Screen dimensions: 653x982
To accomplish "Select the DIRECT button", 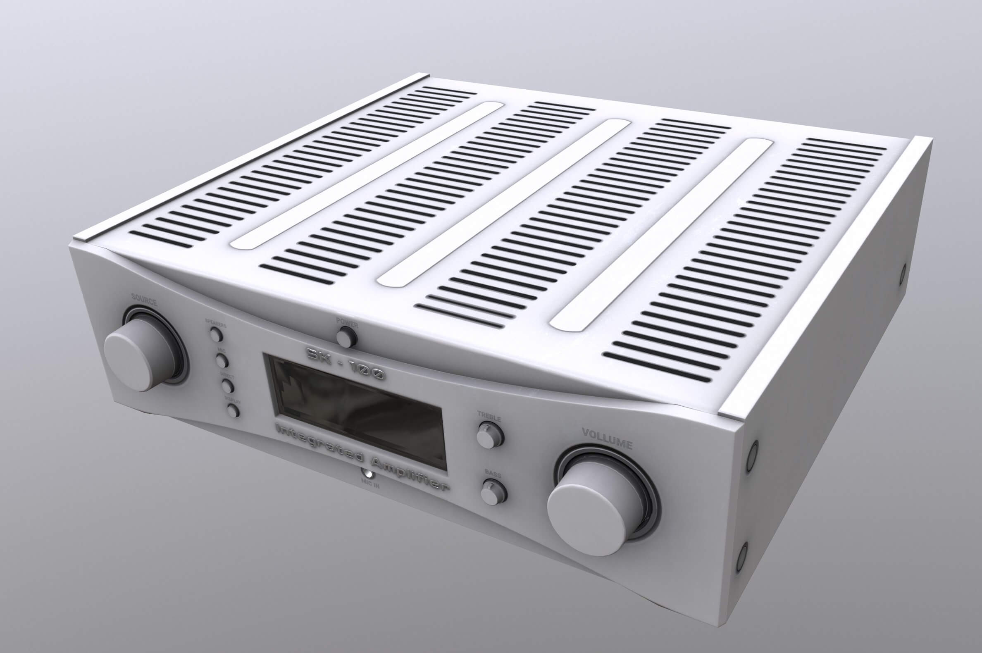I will (x=227, y=385).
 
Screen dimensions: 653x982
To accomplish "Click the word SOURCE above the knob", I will (x=144, y=301).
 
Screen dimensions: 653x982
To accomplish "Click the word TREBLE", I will (x=489, y=417).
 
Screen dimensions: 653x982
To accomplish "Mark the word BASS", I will (x=493, y=474).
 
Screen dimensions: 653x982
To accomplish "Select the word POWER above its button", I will (x=346, y=322).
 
